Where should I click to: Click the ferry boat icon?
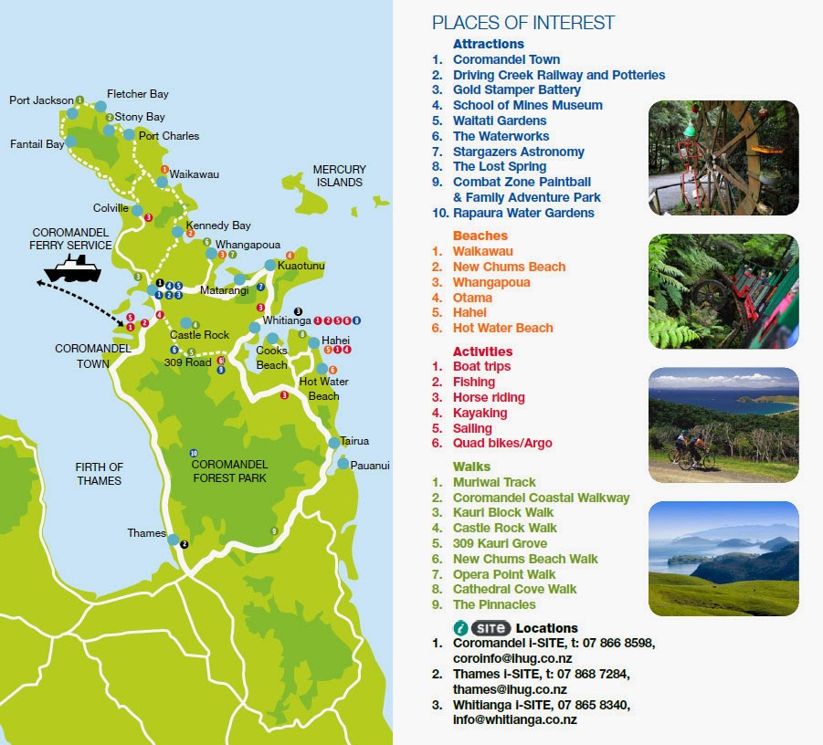72,268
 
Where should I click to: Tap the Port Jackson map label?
41,100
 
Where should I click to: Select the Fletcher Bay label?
137,94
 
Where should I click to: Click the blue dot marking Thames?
174,540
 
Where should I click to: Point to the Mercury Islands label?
339,175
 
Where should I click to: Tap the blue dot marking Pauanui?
343,464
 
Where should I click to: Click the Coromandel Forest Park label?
229,470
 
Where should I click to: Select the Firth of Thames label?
100,474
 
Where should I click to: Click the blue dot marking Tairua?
333,443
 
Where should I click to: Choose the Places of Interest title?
523,23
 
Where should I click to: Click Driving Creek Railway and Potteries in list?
558,75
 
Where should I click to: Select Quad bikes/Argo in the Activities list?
502,443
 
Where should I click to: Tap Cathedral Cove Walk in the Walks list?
514,589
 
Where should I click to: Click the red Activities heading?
482,352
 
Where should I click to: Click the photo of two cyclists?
723,425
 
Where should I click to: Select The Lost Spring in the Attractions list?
499,166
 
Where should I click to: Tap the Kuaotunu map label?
301,266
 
